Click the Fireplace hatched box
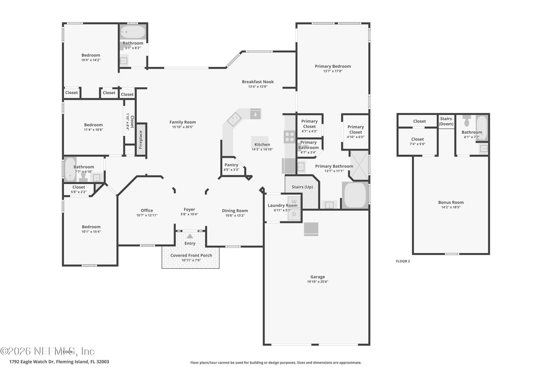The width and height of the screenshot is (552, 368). pyautogui.click(x=141, y=140)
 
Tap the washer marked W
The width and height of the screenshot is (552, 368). pyautogui.click(x=294, y=202)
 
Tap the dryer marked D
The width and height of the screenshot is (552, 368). pyautogui.click(x=294, y=214)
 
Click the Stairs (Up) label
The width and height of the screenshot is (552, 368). pyautogui.click(x=302, y=187)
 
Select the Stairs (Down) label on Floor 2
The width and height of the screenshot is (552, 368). pyautogui.click(x=446, y=121)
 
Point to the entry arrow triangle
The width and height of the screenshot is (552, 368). pyautogui.click(x=190, y=236)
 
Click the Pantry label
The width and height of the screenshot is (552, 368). pyautogui.click(x=231, y=165)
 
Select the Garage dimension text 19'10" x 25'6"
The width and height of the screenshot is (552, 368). pyautogui.click(x=317, y=282)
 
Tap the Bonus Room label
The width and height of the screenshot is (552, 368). pyautogui.click(x=451, y=202)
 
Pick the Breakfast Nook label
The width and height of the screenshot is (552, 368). pyautogui.click(x=258, y=82)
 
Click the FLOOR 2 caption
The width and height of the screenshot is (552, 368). pyautogui.click(x=403, y=261)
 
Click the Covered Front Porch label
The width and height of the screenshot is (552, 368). pyautogui.click(x=191, y=255)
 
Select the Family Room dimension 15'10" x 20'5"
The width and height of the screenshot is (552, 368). pyautogui.click(x=183, y=127)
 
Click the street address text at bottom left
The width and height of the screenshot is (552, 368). pyautogui.click(x=59, y=362)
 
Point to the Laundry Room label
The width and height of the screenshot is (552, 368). pyautogui.click(x=282, y=205)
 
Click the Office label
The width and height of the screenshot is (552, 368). pyautogui.click(x=147, y=210)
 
